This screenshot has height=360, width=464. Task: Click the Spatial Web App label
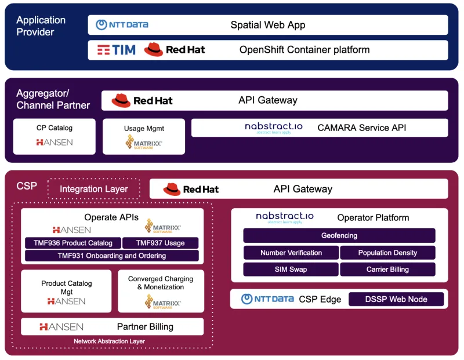pyautogui.click(x=267, y=25)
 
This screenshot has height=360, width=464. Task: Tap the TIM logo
pyautogui.click(x=116, y=50)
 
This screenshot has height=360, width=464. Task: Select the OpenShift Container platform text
pyautogui.click(x=304, y=50)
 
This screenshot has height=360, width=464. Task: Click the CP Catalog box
pyautogui.click(x=54, y=136)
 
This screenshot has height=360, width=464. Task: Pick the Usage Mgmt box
pyautogui.click(x=143, y=137)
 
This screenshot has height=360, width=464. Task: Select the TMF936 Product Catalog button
pyautogui.click(x=73, y=243)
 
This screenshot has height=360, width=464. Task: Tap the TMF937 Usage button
pyautogui.click(x=160, y=243)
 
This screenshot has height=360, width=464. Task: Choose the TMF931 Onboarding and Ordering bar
pyautogui.click(x=111, y=256)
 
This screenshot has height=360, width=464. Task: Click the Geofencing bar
pyautogui.click(x=339, y=236)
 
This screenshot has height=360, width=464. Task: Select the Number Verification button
pyautogui.click(x=291, y=253)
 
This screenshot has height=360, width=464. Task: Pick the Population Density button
pyautogui.click(x=387, y=253)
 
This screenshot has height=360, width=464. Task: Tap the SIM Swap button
pyautogui.click(x=291, y=270)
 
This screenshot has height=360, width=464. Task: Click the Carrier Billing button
pyautogui.click(x=387, y=270)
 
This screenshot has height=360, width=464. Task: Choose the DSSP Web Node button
pyautogui.click(x=396, y=299)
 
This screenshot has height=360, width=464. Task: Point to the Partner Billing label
pyautogui.click(x=145, y=327)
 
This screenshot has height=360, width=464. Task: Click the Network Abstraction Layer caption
pyautogui.click(x=109, y=341)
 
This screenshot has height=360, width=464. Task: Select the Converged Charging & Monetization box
pyautogui.click(x=161, y=291)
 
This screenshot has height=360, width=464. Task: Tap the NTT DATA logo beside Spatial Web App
pyautogui.click(x=122, y=25)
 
